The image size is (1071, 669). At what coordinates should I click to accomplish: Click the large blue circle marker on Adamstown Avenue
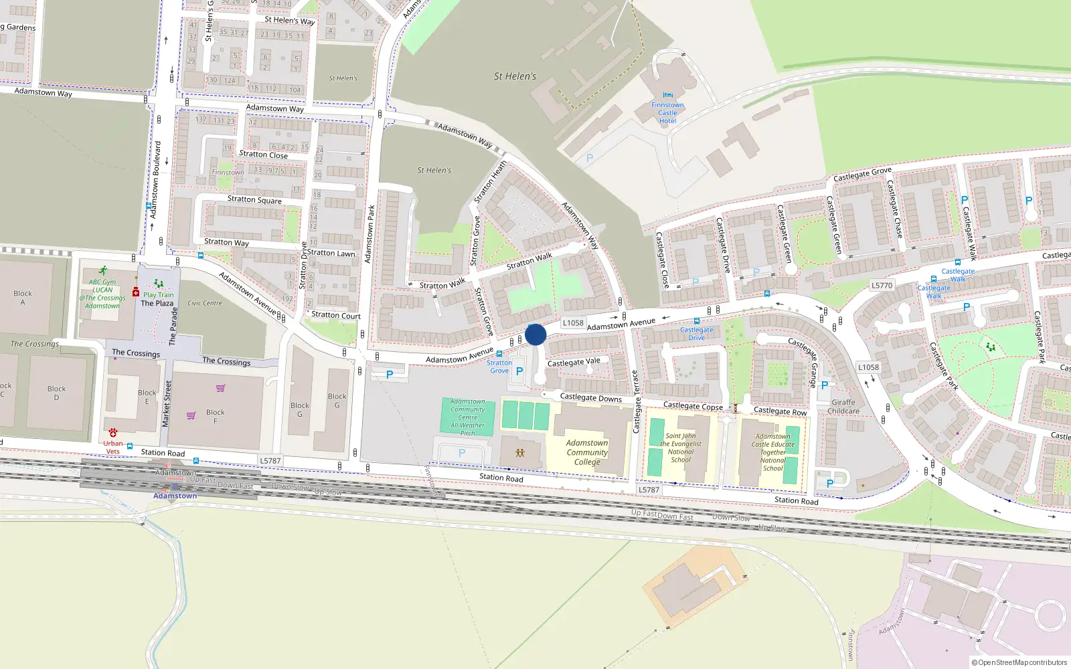(x=535, y=334)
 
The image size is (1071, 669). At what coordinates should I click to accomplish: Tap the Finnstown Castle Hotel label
(x=667, y=113)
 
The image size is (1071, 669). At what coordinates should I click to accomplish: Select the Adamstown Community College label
(x=587, y=452)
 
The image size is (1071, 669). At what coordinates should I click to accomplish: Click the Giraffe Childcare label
(x=843, y=407)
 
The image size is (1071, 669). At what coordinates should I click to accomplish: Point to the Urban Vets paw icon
(x=113, y=433)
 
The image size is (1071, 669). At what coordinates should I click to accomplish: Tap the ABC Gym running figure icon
(x=102, y=271)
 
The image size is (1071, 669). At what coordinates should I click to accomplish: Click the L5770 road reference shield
(x=882, y=285)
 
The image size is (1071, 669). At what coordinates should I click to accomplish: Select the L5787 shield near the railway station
(x=270, y=461)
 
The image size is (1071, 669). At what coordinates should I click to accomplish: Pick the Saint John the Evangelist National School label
(x=681, y=448)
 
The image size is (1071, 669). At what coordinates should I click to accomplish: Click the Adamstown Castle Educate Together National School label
(x=772, y=452)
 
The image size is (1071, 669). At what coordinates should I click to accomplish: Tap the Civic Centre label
(x=205, y=303)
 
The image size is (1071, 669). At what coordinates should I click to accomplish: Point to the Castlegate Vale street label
(x=574, y=362)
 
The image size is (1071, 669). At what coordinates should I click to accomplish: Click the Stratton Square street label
(x=254, y=199)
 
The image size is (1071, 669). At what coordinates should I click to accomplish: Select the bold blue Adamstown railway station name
(x=175, y=496)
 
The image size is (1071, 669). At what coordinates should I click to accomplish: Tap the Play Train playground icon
(x=159, y=284)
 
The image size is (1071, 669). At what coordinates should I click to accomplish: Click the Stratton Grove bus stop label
(x=499, y=367)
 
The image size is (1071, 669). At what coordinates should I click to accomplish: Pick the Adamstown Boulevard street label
(x=155, y=179)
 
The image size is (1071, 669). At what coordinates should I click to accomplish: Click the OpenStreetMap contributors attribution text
(x=1019, y=662)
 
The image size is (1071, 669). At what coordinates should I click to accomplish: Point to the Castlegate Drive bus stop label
(x=697, y=333)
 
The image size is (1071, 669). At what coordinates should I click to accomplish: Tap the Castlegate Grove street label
(x=862, y=175)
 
